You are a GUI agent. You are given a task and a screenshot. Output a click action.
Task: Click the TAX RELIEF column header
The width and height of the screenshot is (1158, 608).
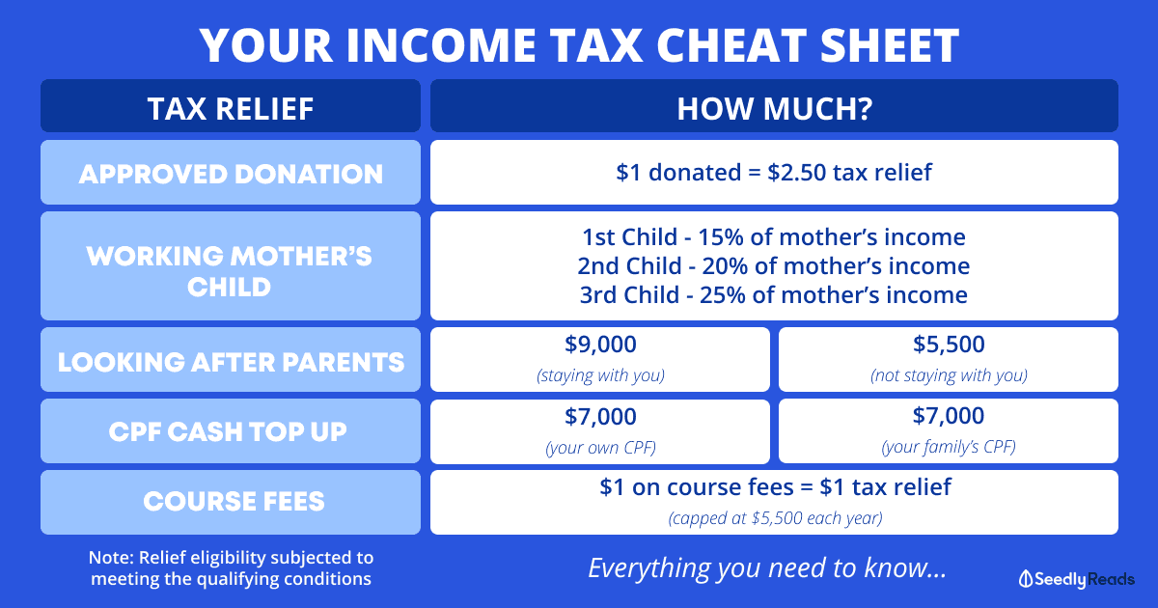[x=231, y=108]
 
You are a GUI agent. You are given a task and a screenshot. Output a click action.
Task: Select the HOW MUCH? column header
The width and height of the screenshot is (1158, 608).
[x=774, y=108]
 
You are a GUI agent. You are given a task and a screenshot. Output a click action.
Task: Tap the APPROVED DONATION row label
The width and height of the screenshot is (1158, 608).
[x=231, y=174]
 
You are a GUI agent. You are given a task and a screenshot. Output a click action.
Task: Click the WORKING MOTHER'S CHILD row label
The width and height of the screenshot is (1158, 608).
[x=229, y=271]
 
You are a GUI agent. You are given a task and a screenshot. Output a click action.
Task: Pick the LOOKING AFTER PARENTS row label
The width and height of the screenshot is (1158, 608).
[x=231, y=361]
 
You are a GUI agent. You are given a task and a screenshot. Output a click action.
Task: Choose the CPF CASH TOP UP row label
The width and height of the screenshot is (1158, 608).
[x=228, y=431]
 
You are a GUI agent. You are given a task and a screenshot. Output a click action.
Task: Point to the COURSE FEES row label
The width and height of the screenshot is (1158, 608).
[x=234, y=501]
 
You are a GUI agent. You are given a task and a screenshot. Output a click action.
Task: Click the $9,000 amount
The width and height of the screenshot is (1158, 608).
[x=600, y=345]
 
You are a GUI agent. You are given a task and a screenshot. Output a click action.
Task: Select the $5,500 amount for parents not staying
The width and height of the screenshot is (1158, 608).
[x=949, y=345]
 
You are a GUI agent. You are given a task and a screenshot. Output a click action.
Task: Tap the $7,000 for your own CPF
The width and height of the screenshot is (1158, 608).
[x=600, y=416]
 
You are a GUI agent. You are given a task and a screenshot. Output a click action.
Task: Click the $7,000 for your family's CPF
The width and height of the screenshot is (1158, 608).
[x=949, y=416]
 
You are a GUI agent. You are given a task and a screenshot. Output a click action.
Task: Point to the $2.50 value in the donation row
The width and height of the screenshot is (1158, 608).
[x=797, y=172]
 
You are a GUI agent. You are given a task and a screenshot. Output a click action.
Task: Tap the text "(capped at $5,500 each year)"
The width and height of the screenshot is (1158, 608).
[x=775, y=518]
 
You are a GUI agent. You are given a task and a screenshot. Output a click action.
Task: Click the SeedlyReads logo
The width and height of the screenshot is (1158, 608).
[x=1076, y=579]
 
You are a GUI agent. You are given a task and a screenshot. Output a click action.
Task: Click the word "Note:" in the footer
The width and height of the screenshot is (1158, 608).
[x=111, y=558]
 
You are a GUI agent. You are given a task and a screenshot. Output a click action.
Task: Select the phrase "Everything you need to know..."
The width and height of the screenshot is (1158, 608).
[x=768, y=567]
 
